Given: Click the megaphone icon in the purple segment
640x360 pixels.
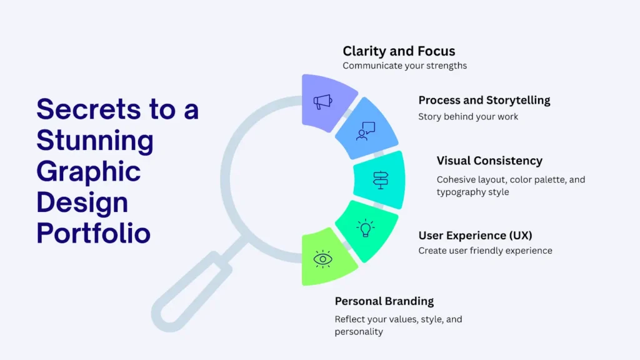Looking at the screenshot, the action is point(322,102).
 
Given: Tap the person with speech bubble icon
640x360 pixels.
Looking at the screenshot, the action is point(365,131).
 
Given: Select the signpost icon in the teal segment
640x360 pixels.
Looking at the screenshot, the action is point(381,180).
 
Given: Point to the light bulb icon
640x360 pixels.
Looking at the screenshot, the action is point(365,227).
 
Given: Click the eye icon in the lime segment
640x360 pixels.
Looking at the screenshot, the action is point(322,259).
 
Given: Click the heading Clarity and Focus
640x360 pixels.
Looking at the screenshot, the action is point(399,51).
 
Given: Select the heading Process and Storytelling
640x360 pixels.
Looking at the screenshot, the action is point(484,101).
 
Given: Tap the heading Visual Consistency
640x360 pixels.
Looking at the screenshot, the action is point(489,161).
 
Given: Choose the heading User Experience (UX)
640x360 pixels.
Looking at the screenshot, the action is point(475,236).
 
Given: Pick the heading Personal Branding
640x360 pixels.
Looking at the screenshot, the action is point(384,301).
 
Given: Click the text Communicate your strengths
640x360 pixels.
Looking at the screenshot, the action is point(404,66).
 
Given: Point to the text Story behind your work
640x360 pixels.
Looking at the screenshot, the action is point(468,117).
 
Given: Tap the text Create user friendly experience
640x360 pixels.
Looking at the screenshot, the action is point(485,251).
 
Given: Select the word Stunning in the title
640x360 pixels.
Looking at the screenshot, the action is point(95,141).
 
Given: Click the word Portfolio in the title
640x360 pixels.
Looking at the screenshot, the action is point(94,233).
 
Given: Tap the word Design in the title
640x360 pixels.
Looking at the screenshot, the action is point(82,203).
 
